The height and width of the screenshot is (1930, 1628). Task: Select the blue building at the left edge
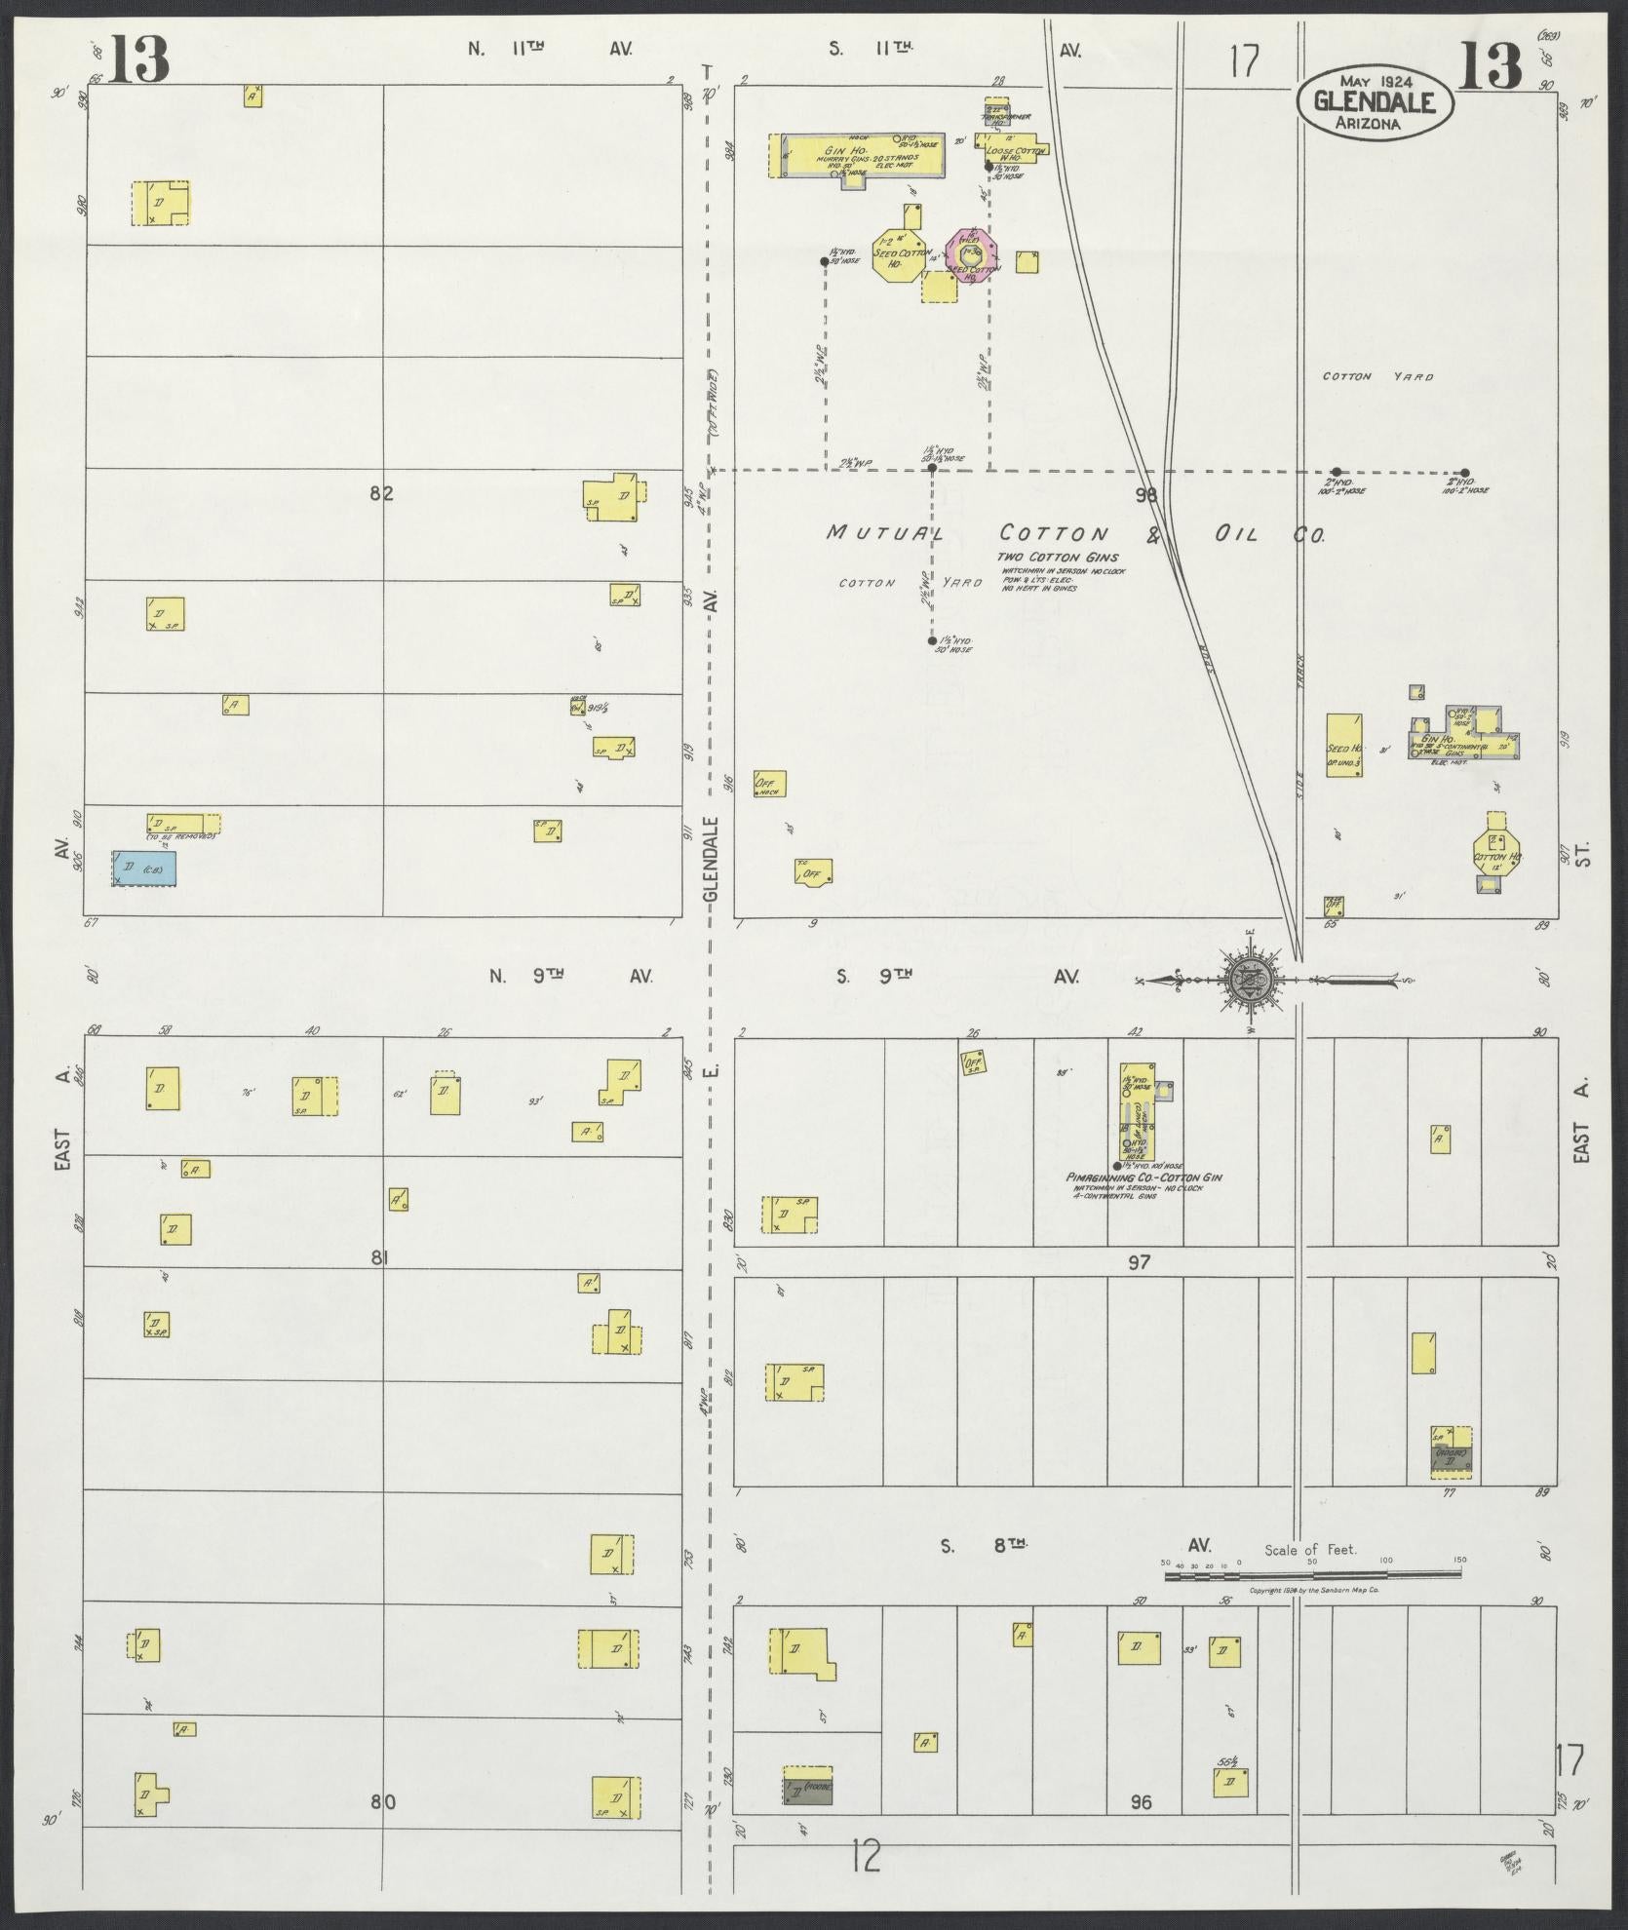coord(144,868)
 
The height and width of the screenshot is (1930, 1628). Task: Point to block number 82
coord(381,493)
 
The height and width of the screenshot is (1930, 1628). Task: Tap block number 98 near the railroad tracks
coord(1145,494)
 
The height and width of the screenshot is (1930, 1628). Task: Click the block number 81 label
coord(380,1258)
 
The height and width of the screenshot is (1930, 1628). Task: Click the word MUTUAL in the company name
coord(885,533)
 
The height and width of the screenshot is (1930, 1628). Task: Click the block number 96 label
coord(1140,1802)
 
